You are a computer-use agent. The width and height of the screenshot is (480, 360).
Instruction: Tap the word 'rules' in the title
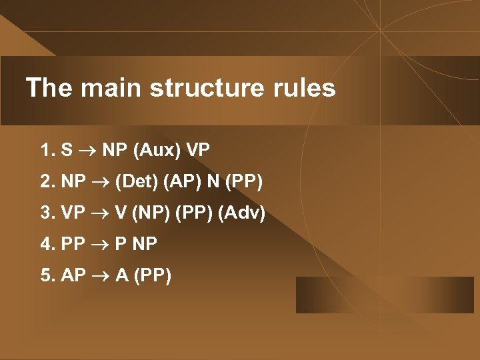point(307,88)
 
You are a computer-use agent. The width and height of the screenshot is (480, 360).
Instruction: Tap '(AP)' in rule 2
point(182,181)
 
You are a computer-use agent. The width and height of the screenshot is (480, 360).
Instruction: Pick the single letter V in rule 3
point(120,213)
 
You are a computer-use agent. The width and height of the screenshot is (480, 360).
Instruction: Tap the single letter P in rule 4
point(119,244)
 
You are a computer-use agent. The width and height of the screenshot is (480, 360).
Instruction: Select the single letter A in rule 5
point(121,275)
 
